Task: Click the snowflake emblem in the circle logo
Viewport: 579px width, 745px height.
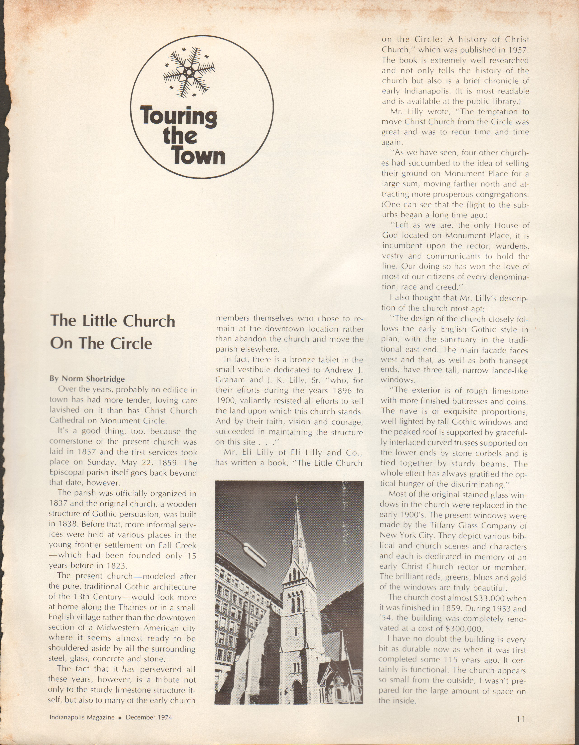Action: pyautogui.click(x=189, y=72)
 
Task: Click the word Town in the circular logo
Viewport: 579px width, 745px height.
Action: pyautogui.click(x=199, y=157)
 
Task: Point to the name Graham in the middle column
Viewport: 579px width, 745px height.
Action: pyautogui.click(x=229, y=380)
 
